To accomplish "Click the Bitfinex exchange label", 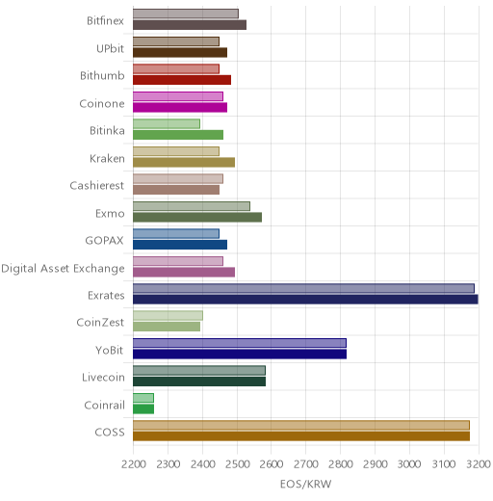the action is click(105, 21).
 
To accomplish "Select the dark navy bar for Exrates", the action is click(305, 300).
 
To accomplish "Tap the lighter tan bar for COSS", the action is click(301, 425).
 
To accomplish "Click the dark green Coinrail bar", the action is click(143, 409).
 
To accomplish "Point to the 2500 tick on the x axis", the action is click(237, 464).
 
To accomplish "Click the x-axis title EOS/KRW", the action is click(305, 484).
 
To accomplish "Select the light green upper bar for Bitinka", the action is click(167, 123).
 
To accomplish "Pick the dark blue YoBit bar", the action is click(240, 355).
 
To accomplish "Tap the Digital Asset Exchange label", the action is click(63, 269).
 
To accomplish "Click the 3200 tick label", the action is click(479, 464).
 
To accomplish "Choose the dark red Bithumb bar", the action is click(182, 80).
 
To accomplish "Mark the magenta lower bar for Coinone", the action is click(180, 107).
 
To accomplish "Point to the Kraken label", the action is click(107, 158).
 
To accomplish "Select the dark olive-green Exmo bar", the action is click(197, 217).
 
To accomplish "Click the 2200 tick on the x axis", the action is click(134, 464).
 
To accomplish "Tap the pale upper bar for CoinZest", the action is click(168, 315).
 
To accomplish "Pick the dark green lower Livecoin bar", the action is click(199, 382).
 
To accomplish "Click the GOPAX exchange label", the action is click(104, 241).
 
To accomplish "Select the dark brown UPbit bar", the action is click(180, 52).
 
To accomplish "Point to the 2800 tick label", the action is click(341, 464).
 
